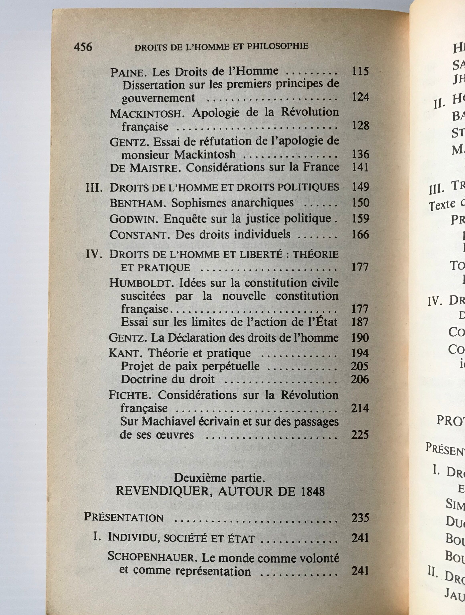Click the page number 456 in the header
(x=83, y=47)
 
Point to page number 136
(x=360, y=154)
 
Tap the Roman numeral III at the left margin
(x=94, y=188)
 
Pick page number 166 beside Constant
(x=360, y=234)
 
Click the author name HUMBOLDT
(x=141, y=283)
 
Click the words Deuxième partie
(x=219, y=478)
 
